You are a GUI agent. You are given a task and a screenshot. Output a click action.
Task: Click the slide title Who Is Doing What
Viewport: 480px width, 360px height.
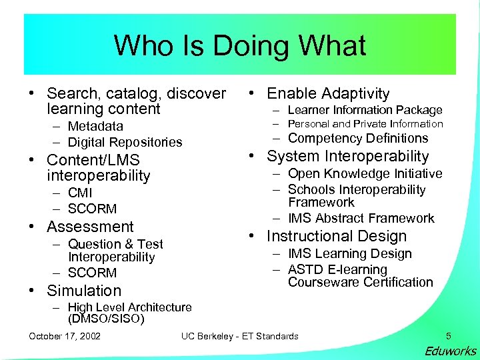[240, 45]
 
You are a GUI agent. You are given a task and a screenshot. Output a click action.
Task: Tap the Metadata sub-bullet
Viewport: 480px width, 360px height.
[95, 126]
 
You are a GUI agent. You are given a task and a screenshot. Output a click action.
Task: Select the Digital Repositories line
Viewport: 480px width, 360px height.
[125, 142]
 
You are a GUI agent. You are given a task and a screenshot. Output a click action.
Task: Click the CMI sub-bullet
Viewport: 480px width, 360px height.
[81, 193]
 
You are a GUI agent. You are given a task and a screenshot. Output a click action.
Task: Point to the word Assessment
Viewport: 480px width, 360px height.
[90, 227]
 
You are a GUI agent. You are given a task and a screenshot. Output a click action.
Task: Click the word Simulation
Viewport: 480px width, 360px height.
[84, 291]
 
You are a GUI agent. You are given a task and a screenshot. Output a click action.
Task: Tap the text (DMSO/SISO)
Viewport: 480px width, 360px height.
[106, 319]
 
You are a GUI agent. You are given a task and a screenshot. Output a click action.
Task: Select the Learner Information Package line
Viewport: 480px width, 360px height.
[365, 110]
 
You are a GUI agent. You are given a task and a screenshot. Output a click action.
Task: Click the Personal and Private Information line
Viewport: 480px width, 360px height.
[365, 124]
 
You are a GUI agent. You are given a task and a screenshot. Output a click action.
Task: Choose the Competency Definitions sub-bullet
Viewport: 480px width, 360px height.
[357, 139]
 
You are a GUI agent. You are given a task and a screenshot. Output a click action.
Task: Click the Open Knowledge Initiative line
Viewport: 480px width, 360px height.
[365, 174]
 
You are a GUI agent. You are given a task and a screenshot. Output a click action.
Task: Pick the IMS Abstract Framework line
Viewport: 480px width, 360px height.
[361, 219]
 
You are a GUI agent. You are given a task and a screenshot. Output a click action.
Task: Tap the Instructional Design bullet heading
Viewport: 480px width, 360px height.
[336, 236]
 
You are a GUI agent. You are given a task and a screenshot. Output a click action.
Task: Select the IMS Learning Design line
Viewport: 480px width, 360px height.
[349, 254]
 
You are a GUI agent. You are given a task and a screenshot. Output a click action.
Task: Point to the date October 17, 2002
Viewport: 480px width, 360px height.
[65, 336]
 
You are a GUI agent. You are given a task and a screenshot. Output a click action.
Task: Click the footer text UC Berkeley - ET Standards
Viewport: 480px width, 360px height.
[240, 336]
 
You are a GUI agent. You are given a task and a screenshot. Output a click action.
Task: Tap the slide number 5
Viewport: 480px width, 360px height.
[449, 335]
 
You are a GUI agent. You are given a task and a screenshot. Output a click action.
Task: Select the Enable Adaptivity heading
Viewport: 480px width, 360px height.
[328, 94]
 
